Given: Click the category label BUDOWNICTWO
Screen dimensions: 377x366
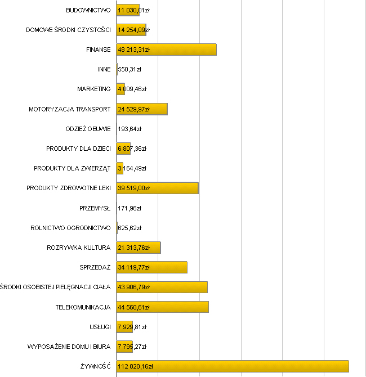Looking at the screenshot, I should tap(88, 10).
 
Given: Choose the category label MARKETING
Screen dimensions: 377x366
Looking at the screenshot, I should tap(94, 89).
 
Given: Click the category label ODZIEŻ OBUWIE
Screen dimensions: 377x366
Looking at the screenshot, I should tap(88, 129).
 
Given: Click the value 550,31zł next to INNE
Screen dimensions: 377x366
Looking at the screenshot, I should tap(130, 69).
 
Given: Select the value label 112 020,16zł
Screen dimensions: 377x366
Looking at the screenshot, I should tap(135, 366).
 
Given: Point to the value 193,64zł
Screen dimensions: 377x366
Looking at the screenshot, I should tap(130, 129).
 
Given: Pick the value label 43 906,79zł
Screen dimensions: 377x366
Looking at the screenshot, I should tap(133, 287).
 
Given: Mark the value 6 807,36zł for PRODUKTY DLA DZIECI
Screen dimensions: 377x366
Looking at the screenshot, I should tap(132, 149).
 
